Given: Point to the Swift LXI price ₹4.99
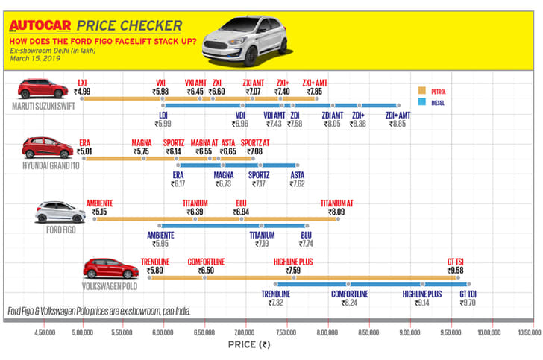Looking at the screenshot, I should (x=83, y=92).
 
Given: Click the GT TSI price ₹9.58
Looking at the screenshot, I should (x=454, y=271).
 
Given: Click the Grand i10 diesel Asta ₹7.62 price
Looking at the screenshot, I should (x=296, y=183).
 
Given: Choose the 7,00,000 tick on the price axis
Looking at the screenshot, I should (x=245, y=332).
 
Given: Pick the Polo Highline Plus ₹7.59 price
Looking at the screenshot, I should (x=292, y=271).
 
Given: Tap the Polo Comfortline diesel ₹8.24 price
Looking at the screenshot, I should (x=349, y=303).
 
